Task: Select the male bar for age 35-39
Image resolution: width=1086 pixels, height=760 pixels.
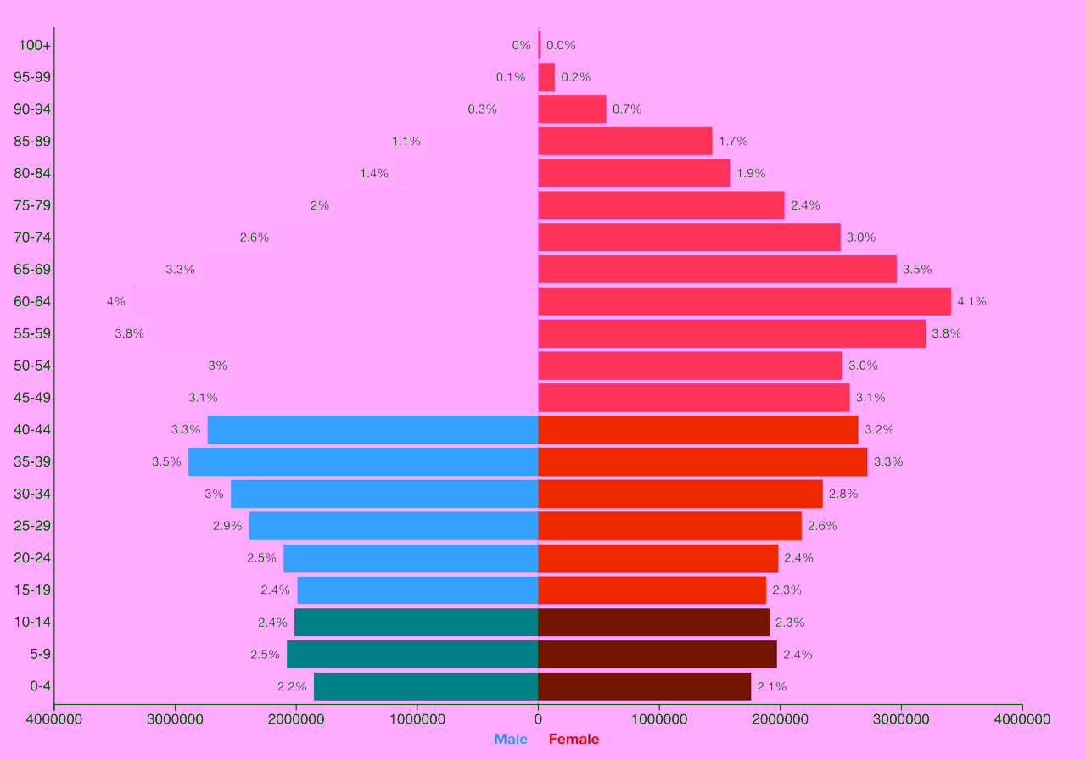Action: [363, 461]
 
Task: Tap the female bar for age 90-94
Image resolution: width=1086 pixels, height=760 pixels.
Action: [572, 109]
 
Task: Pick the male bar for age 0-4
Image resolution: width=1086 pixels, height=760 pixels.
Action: [426, 686]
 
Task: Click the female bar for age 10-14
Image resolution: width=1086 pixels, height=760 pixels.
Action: [653, 622]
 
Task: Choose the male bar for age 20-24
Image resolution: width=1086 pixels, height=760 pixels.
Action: [411, 558]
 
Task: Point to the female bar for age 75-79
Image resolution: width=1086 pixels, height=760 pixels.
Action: [661, 205]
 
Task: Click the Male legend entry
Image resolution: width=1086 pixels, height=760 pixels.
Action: [511, 739]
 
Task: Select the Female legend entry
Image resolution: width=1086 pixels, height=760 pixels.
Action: [574, 739]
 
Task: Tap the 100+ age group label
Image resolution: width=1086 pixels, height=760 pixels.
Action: [35, 45]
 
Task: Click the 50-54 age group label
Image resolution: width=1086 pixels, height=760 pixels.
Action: [32, 366]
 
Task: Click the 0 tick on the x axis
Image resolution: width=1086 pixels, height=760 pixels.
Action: [538, 719]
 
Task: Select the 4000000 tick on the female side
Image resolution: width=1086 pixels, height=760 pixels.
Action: [1022, 719]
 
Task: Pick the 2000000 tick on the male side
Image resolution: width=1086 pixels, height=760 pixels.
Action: [296, 719]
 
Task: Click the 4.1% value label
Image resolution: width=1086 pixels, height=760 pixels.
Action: [971, 301]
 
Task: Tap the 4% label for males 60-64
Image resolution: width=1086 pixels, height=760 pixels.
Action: [116, 301]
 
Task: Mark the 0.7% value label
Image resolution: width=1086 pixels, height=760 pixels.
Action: [627, 109]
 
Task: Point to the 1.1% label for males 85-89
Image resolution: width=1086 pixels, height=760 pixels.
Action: [406, 142]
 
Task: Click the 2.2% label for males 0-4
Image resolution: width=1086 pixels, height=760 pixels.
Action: [292, 686]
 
